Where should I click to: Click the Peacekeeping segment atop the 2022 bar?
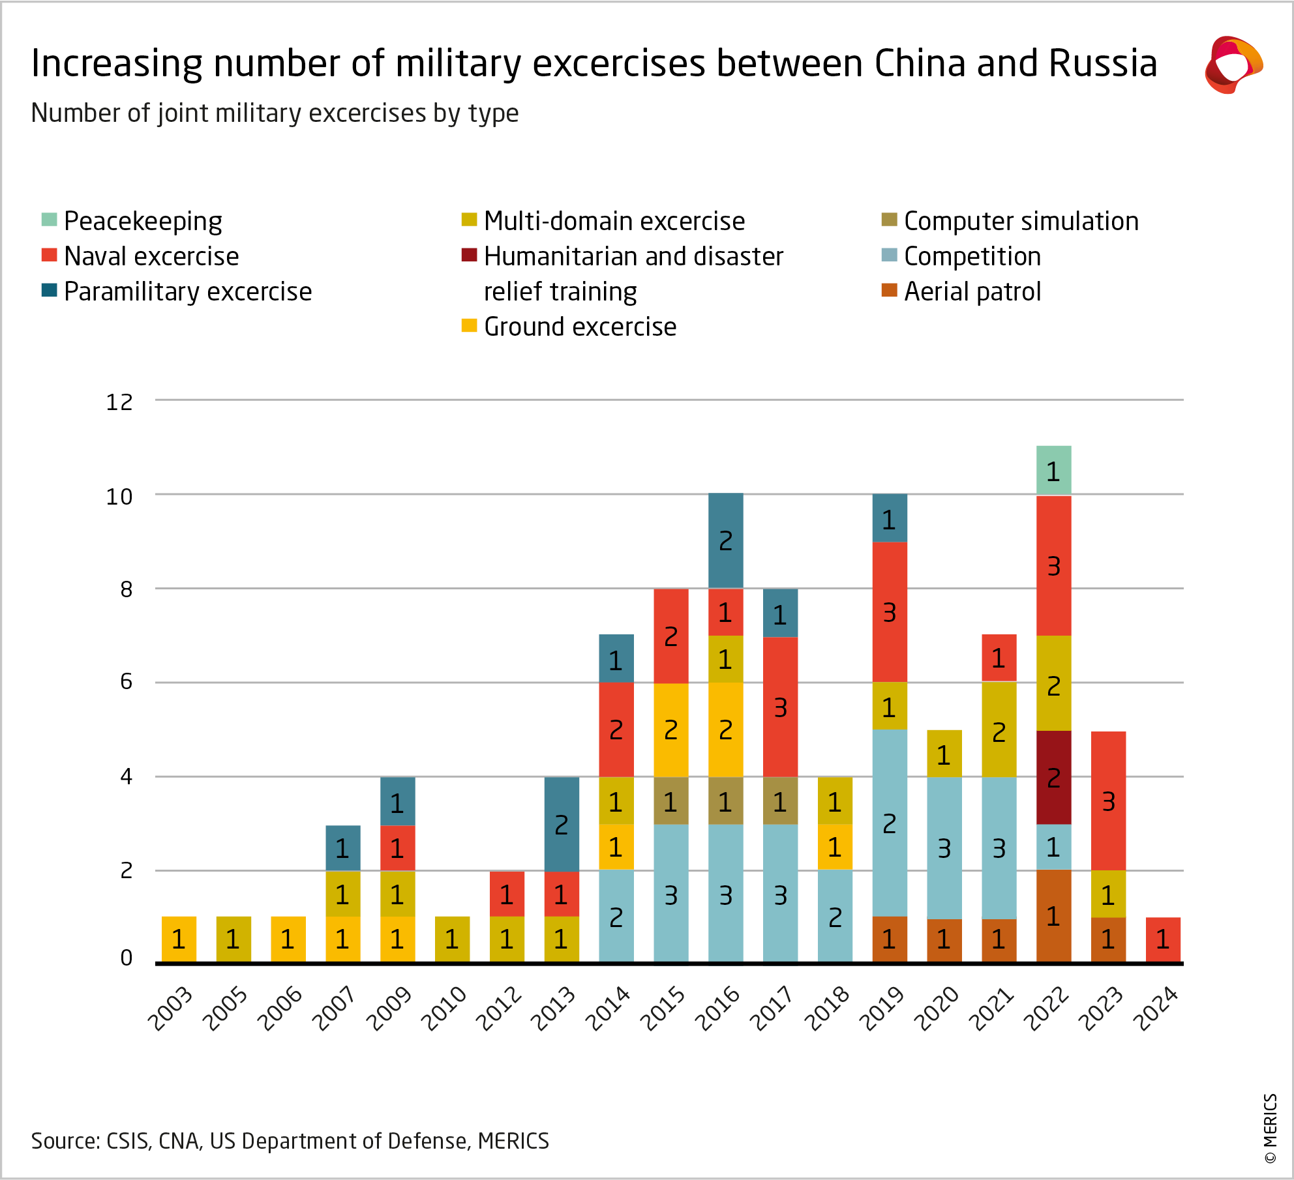point(1053,470)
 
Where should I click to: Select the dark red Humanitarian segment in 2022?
point(1053,777)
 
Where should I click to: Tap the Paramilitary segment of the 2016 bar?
point(725,540)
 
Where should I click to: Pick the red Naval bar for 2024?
point(1163,939)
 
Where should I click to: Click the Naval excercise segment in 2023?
point(1108,801)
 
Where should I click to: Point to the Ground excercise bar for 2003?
point(179,939)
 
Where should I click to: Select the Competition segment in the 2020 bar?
point(944,848)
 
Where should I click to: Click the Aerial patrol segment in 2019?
point(889,939)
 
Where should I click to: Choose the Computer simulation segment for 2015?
point(670,801)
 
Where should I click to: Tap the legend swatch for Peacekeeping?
point(50,220)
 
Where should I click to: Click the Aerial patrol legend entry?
point(972,291)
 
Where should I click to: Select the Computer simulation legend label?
point(1021,221)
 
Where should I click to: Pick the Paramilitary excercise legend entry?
point(187,291)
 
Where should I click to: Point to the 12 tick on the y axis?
point(119,402)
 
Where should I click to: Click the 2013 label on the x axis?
point(553,1008)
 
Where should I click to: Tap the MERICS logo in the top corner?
point(1233,65)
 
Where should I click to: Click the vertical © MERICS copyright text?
point(1270,1128)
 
